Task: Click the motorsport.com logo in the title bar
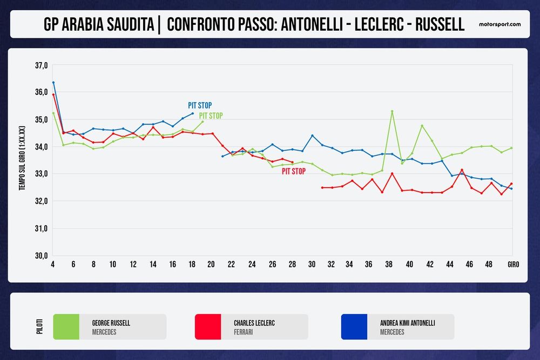[500, 24]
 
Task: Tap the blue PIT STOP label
[200, 105]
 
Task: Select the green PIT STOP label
[211, 116]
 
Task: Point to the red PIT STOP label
[293, 171]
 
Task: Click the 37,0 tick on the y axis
[42, 65]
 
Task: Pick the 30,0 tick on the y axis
[42, 256]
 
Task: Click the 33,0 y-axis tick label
[42, 174]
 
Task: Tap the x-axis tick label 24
[252, 265]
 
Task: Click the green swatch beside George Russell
[66, 327]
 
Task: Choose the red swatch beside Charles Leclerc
[208, 327]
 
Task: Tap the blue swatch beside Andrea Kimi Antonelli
[354, 327]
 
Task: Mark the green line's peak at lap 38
[392, 111]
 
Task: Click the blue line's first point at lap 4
[53, 83]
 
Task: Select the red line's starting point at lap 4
[53, 94]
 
